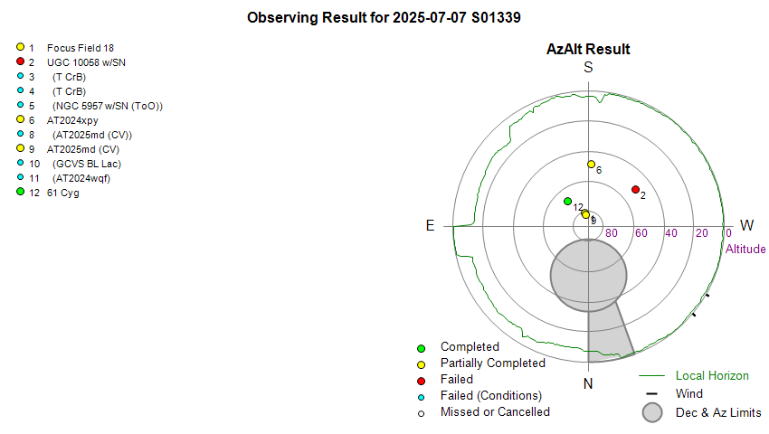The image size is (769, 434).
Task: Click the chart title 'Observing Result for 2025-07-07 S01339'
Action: pos(384,17)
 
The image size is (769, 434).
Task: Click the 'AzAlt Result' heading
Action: pos(588,50)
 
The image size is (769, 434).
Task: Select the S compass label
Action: pos(588,68)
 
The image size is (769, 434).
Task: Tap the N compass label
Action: pos(588,384)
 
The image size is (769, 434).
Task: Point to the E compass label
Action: pos(431,225)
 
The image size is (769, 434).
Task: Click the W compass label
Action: pos(747,225)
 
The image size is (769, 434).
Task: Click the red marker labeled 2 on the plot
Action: pos(635,189)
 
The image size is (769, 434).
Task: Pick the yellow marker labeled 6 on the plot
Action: pos(591,165)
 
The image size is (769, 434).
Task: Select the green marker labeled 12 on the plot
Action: pos(567,201)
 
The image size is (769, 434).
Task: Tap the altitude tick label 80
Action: pos(612,233)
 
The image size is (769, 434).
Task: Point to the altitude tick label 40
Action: pos(671,233)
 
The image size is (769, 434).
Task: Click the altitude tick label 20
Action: pos(701,233)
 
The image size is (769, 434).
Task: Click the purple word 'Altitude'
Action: pos(745,249)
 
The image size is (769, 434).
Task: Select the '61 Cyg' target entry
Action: pos(62,193)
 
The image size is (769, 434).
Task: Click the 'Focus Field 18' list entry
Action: pos(80,48)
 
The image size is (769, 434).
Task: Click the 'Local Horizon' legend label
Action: pos(712,375)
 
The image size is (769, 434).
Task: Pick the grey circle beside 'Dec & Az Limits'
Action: pos(652,412)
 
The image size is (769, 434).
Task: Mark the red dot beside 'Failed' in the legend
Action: pos(421,380)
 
